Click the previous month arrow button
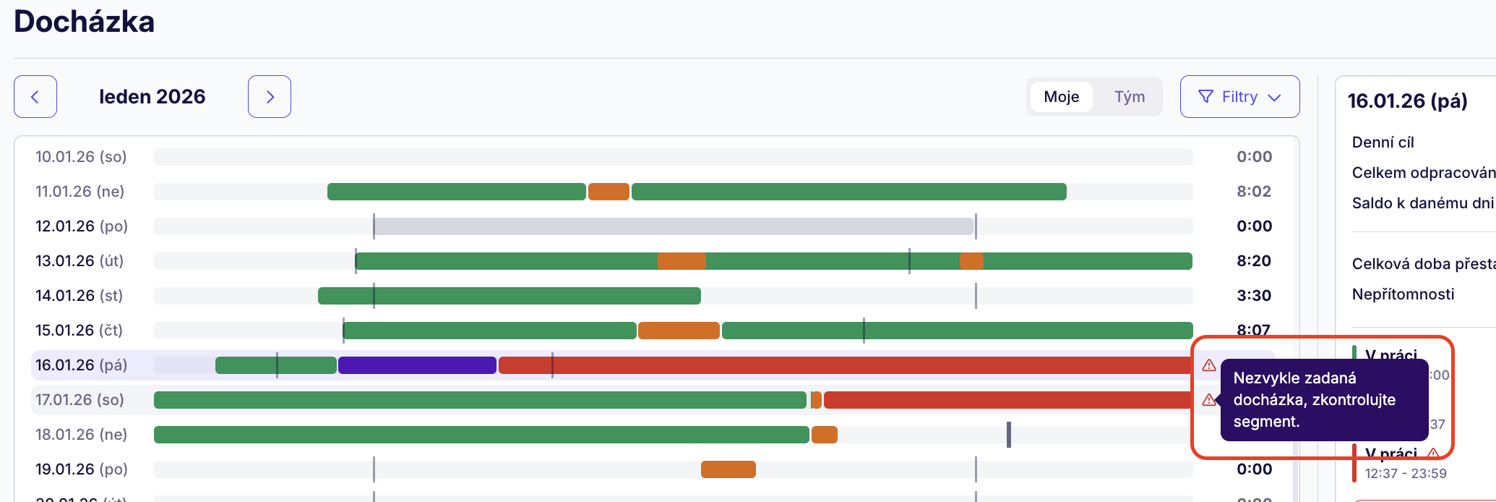tap(35, 96)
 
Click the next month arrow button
tap(270, 96)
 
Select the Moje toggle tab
tap(1061, 97)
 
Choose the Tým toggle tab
tap(1129, 97)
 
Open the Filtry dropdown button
tap(1239, 97)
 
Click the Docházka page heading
tap(84, 22)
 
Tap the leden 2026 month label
tap(152, 97)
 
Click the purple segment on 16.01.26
tap(417, 365)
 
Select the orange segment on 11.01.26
tap(609, 192)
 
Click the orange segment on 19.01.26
tap(728, 469)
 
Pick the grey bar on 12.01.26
tap(674, 226)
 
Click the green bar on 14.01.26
tap(509, 296)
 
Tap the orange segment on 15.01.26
tap(679, 331)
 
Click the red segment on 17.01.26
tap(1007, 400)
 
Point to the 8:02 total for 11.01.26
tap(1253, 192)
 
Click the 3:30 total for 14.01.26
tap(1253, 296)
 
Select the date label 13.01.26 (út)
tap(79, 261)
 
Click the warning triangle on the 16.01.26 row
tap(1209, 365)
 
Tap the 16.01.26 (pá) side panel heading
tap(1407, 101)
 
